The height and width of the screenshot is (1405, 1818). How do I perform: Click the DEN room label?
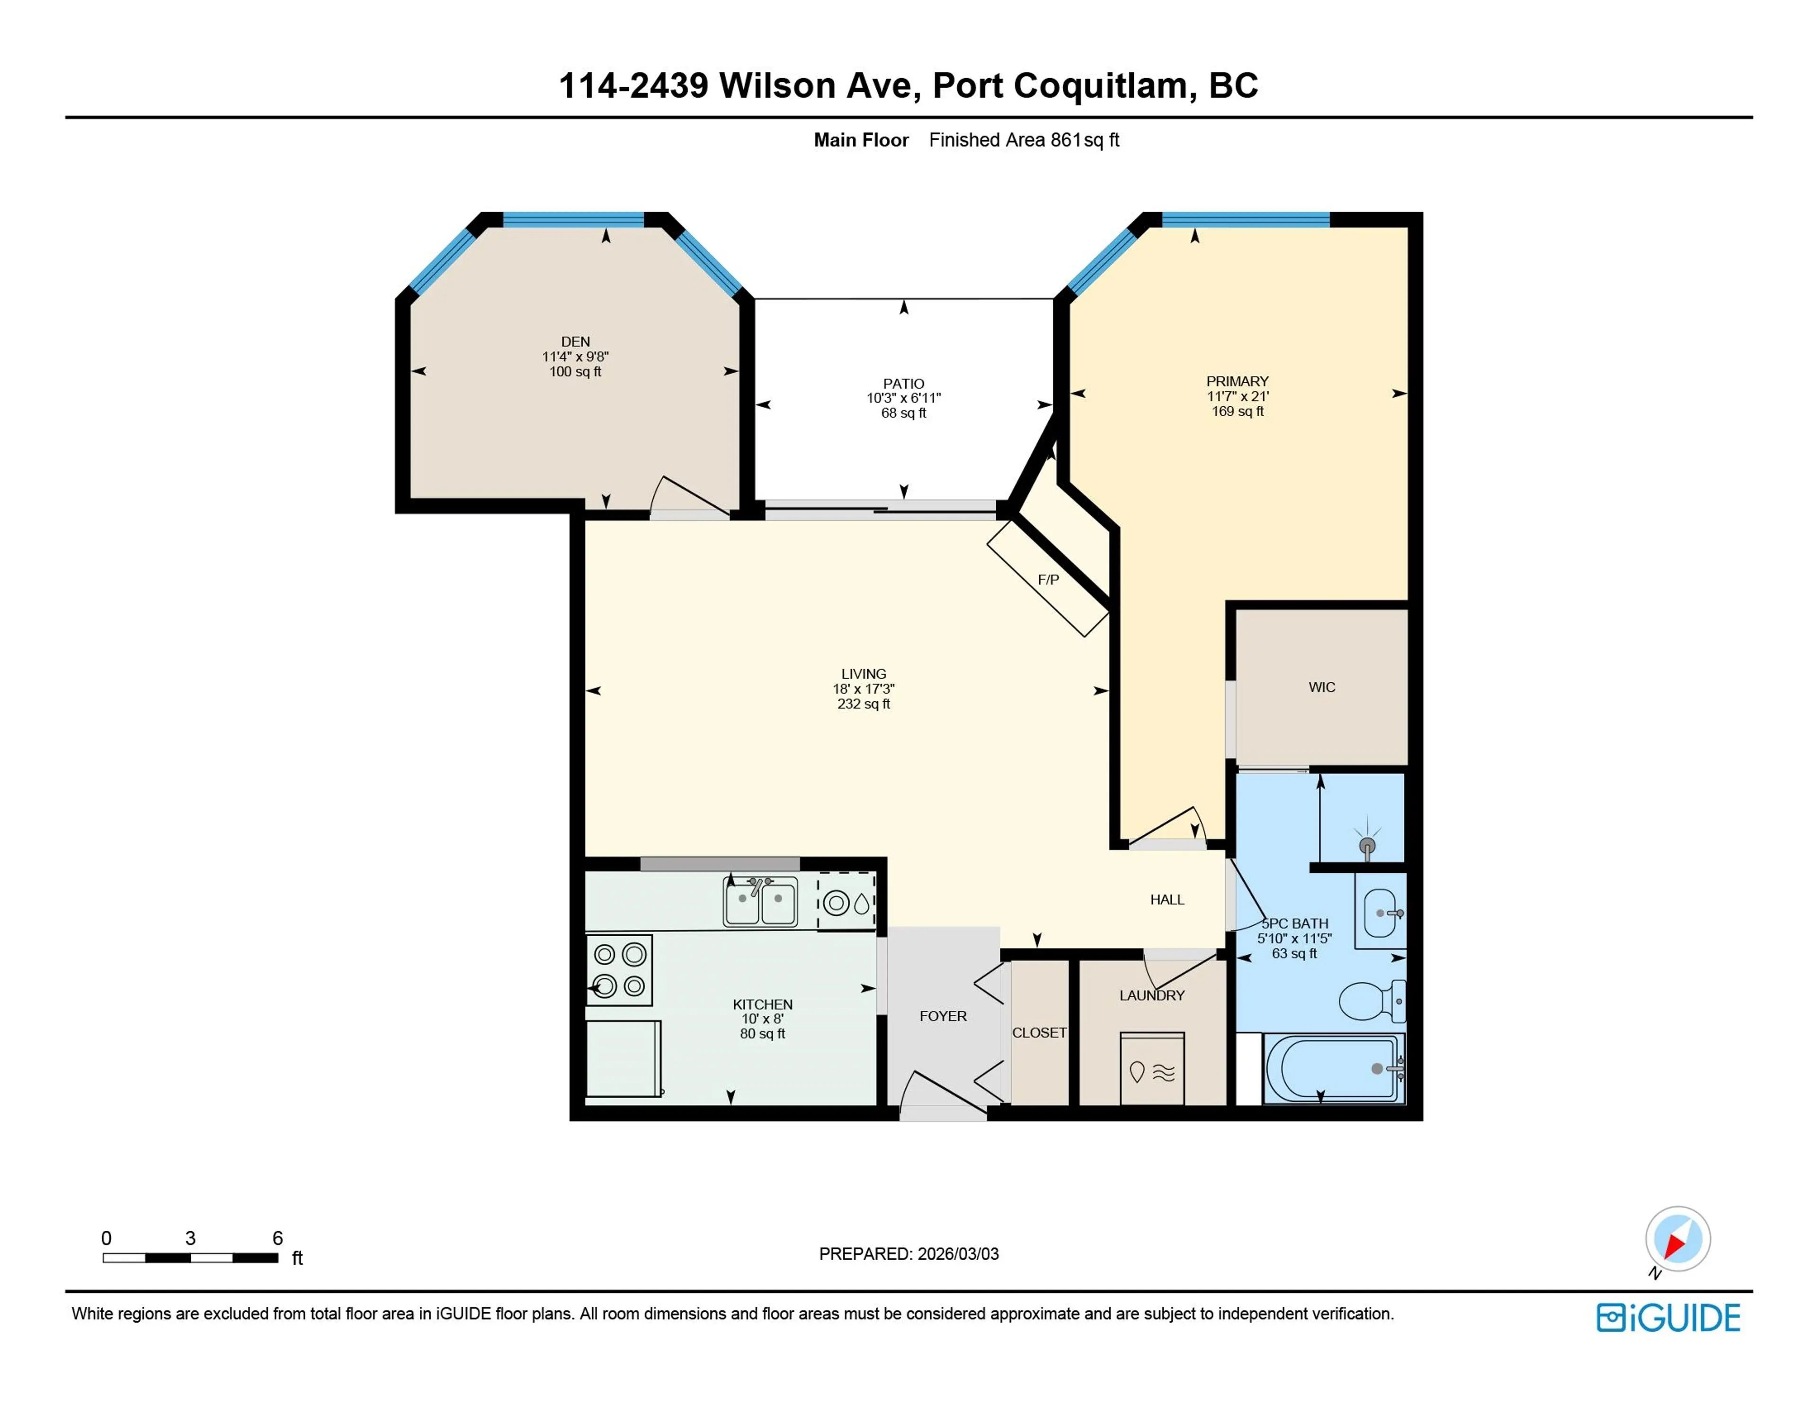575,341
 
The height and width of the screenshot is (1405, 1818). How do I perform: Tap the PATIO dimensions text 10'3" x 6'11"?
903,398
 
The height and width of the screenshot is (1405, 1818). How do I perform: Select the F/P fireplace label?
1048,580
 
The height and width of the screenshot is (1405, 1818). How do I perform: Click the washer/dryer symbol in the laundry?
1151,1070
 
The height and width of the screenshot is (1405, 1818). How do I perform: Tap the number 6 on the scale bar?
278,1238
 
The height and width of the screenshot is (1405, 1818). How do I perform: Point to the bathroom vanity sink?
1379,913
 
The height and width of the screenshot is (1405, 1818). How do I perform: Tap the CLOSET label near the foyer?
1038,1033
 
